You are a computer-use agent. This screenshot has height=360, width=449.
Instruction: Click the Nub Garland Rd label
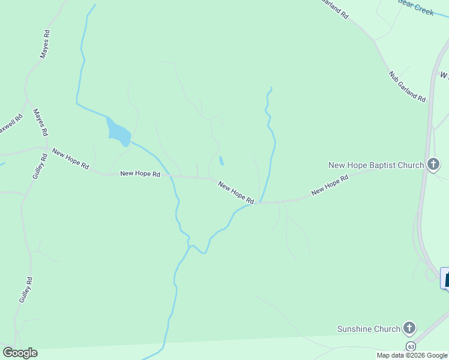407,86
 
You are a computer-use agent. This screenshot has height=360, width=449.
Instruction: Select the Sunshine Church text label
369,329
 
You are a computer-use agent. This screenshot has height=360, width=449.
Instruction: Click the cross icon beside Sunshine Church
409,328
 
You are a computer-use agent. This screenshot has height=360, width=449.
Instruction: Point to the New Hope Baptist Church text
376,165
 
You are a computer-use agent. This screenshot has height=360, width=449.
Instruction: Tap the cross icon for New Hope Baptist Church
433,164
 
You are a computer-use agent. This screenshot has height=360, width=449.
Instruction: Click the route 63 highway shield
411,347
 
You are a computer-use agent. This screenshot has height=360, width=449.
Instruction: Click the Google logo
20,353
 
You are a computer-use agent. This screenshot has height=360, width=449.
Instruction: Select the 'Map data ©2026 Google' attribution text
412,355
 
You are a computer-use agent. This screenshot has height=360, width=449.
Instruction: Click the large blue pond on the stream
118,132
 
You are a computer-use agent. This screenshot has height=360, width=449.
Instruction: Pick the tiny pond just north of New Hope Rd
221,161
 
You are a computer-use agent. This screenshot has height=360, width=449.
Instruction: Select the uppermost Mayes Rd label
44,45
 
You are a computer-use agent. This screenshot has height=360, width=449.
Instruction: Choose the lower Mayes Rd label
40,122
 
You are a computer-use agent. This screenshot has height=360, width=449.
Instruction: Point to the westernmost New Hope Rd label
71,158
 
